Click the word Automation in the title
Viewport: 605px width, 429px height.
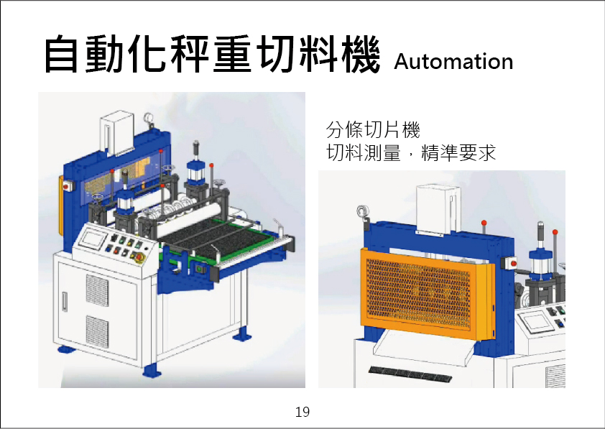pyautogui.click(x=453, y=62)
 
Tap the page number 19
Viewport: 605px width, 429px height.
pyautogui.click(x=302, y=412)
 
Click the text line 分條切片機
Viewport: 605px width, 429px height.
pyautogui.click(x=372, y=131)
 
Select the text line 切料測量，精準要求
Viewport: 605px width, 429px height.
pyautogui.click(x=411, y=153)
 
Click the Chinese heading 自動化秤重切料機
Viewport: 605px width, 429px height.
pyautogui.click(x=211, y=55)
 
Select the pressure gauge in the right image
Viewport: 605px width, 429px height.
pyautogui.click(x=359, y=213)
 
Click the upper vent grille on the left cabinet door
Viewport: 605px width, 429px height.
pyautogui.click(x=97, y=289)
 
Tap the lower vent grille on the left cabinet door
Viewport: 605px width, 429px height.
pyautogui.click(x=97, y=331)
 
